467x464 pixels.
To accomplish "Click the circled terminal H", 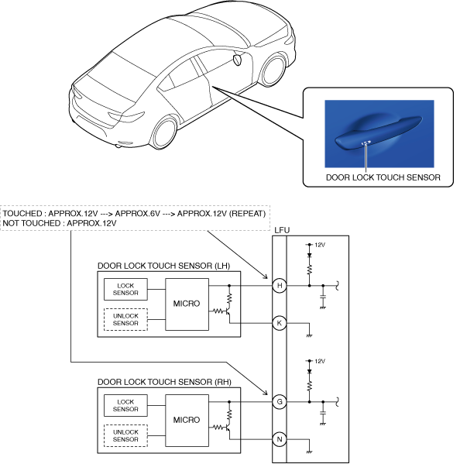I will pos(280,286).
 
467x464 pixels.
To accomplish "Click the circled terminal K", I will pos(280,321).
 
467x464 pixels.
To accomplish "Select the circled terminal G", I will pos(280,402).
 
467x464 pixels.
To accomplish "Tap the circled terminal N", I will pos(280,438).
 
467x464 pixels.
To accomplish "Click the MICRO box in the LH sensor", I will pos(187,303).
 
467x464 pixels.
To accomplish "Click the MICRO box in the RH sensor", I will pos(187,419).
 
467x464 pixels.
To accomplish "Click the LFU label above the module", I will pos(283,229).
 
